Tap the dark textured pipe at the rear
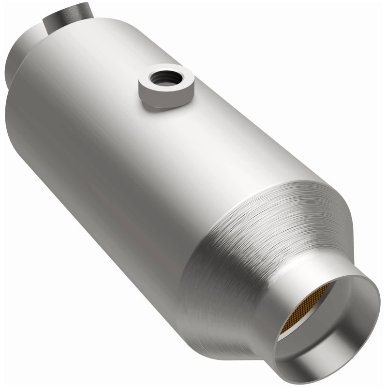click(x=65, y=17)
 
